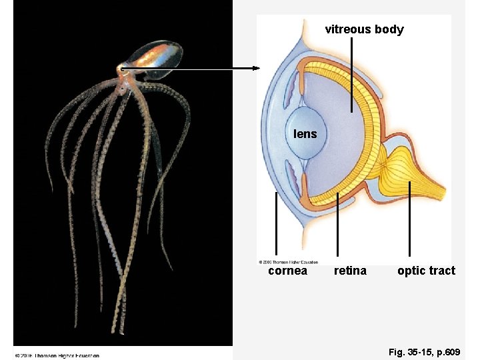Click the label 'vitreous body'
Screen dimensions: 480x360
click(x=364, y=29)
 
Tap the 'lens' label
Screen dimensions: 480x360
click(x=305, y=134)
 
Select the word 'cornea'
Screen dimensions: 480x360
click(x=287, y=271)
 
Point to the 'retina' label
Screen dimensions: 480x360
click(x=350, y=271)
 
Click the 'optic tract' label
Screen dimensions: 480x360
click(x=426, y=271)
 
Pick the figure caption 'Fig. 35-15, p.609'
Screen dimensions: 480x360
click(x=423, y=350)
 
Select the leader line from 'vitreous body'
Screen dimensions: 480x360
click(x=352, y=73)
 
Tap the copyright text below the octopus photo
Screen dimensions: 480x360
click(x=57, y=355)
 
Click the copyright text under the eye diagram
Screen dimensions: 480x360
click(x=288, y=262)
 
